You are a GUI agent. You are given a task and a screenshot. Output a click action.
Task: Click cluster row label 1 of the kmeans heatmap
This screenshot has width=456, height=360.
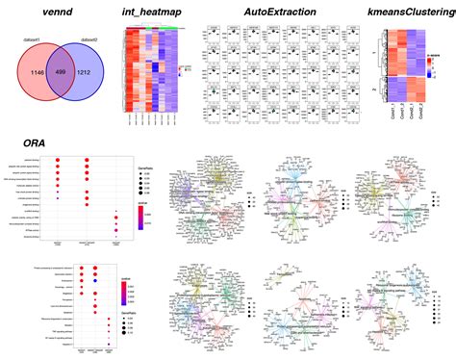pos(375,53)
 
